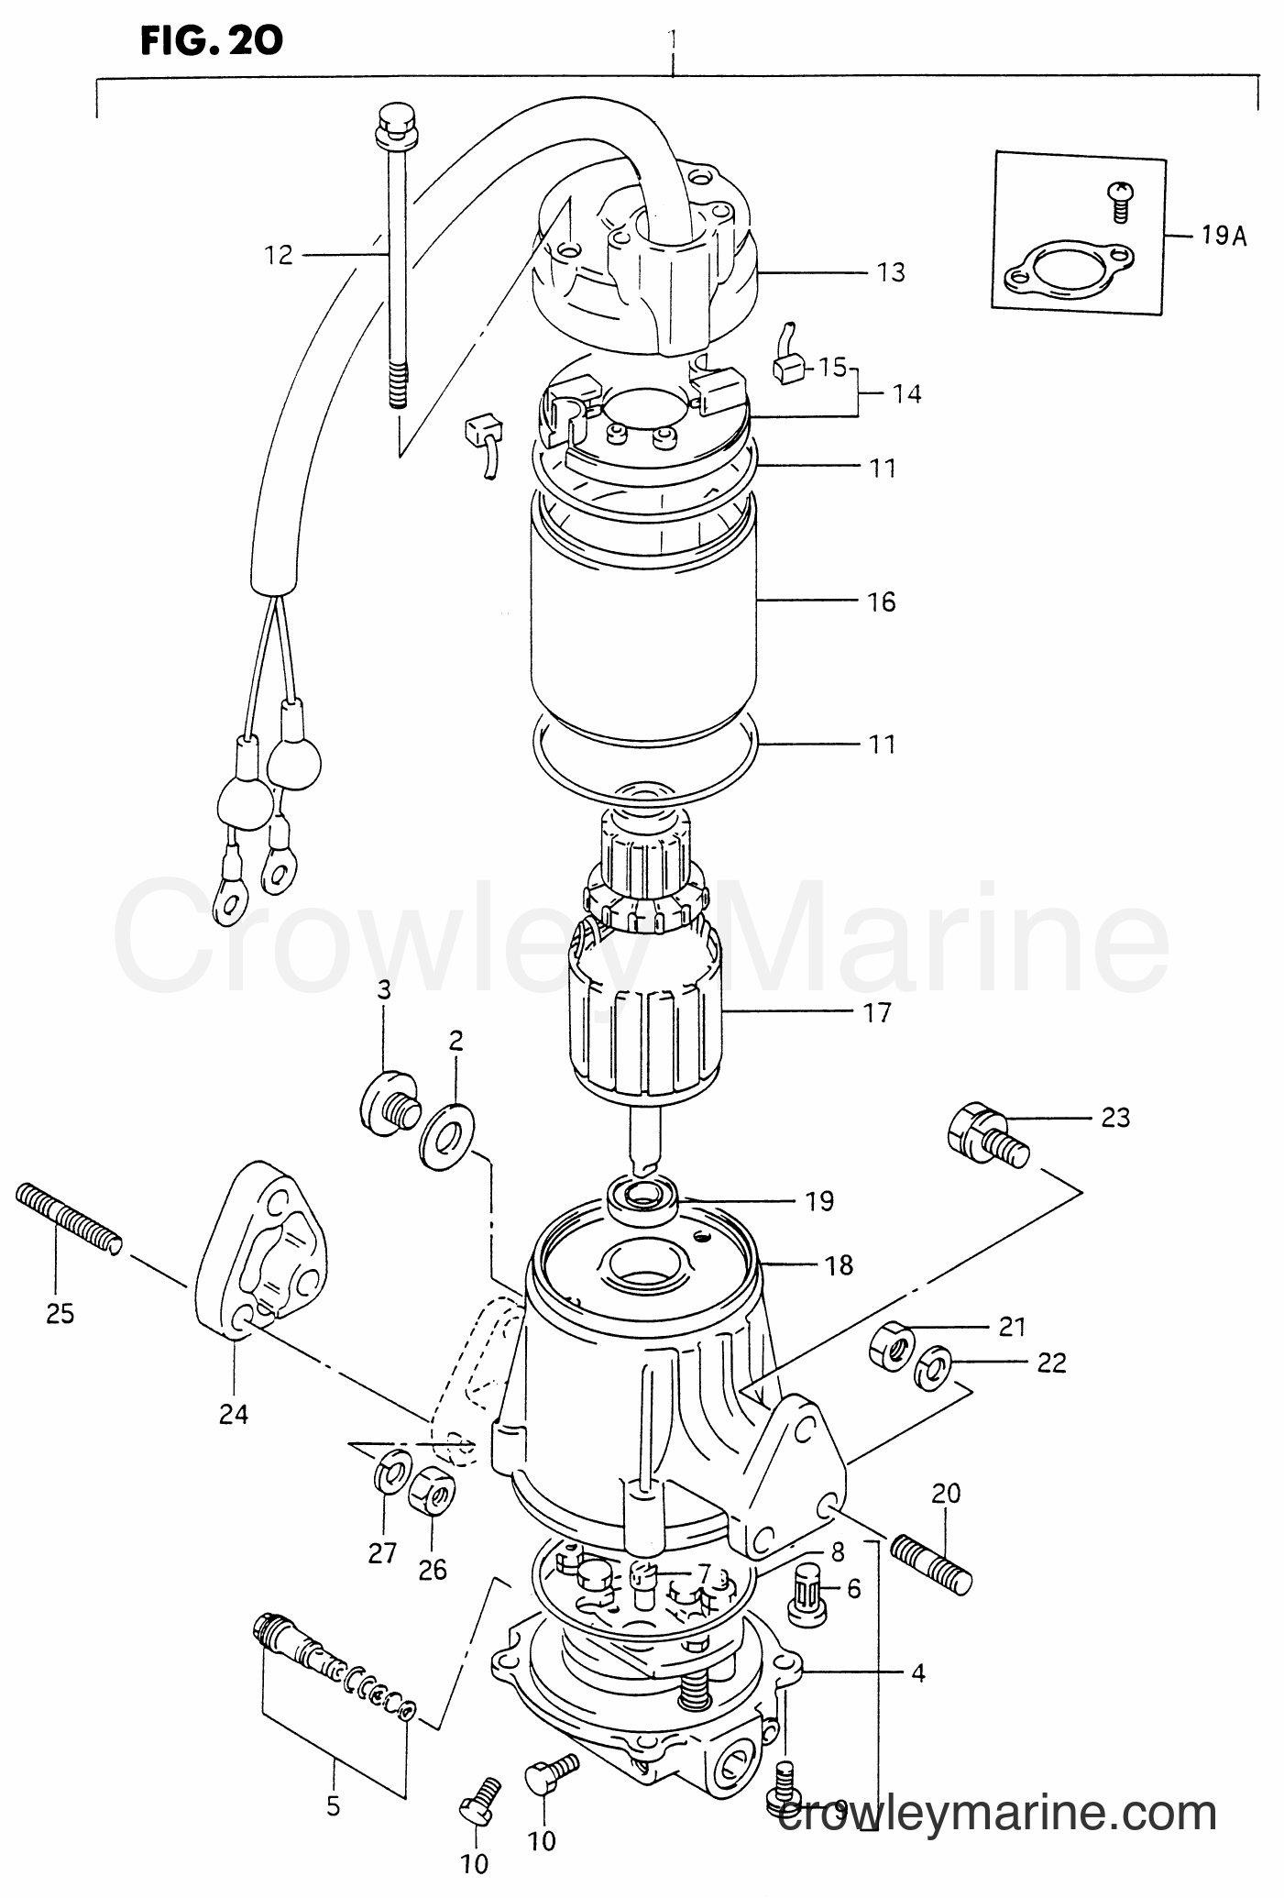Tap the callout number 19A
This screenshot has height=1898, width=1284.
(x=1224, y=237)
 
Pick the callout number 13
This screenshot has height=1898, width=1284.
(x=891, y=272)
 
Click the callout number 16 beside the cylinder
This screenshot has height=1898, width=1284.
(x=881, y=602)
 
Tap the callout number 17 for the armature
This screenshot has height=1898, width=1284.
(x=877, y=1013)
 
